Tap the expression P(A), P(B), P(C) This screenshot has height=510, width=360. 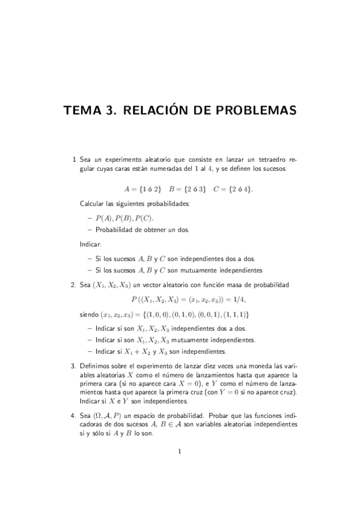coord(124,218)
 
